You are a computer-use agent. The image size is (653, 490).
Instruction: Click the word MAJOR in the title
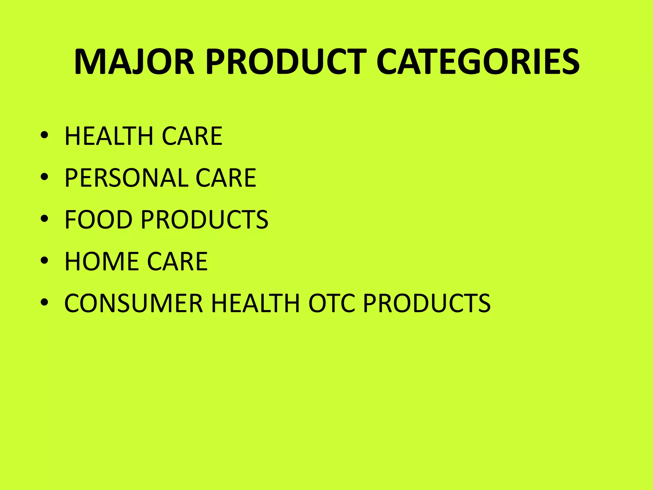coord(134,62)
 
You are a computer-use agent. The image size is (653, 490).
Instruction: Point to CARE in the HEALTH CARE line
coord(192,136)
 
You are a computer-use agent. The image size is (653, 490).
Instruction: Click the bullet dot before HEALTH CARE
coord(44,135)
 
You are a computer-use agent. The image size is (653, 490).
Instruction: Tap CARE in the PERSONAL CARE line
coord(226,178)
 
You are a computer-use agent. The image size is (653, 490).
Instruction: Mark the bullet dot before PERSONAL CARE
coord(44,177)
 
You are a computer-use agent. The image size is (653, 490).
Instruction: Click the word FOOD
coord(99,220)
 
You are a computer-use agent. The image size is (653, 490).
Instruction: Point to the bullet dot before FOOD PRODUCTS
coord(44,219)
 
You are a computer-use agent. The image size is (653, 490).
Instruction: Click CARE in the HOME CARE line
coord(177,262)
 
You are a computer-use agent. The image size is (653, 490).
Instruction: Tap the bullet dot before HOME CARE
coord(44,261)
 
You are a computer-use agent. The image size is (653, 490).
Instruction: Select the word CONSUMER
coord(134,303)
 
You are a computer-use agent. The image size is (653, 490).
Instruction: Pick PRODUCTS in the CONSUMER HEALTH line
coord(427,303)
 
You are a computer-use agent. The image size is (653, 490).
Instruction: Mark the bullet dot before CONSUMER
coord(44,302)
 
